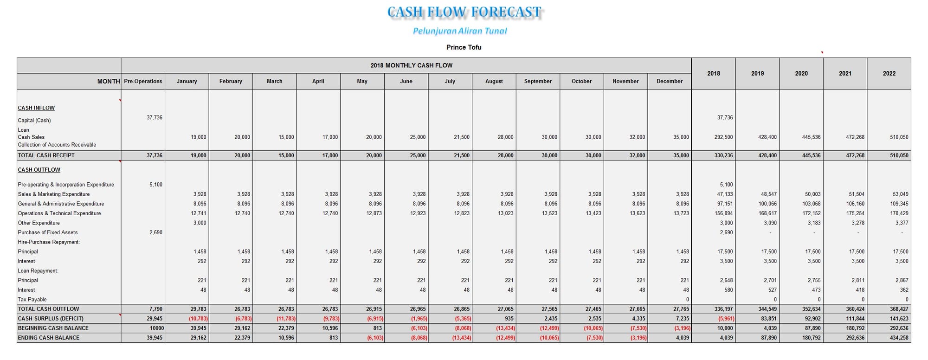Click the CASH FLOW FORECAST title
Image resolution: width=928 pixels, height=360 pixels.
coord(464,12)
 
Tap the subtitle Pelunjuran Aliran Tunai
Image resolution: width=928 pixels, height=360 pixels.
coord(460,31)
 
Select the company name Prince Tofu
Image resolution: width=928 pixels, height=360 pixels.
coord(464,47)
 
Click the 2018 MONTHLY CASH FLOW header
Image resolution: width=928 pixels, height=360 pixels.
coord(412,65)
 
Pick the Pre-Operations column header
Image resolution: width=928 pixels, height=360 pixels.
coord(143,81)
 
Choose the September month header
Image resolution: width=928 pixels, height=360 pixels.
coord(538,81)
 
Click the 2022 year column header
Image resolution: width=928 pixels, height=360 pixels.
coord(889,73)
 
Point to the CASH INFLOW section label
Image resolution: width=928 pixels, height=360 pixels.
coord(36,108)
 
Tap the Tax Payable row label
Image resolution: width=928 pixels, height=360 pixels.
coord(32,300)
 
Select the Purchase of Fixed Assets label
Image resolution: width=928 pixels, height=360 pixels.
coord(48,232)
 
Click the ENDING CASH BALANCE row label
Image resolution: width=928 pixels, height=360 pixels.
coord(48,338)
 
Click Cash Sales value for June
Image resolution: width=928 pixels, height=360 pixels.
coord(418,137)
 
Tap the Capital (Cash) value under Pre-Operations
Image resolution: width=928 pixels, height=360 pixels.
coord(155,118)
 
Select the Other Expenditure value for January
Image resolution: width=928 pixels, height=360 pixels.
coord(200,223)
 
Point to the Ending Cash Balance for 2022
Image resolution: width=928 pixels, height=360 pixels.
coord(899,338)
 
